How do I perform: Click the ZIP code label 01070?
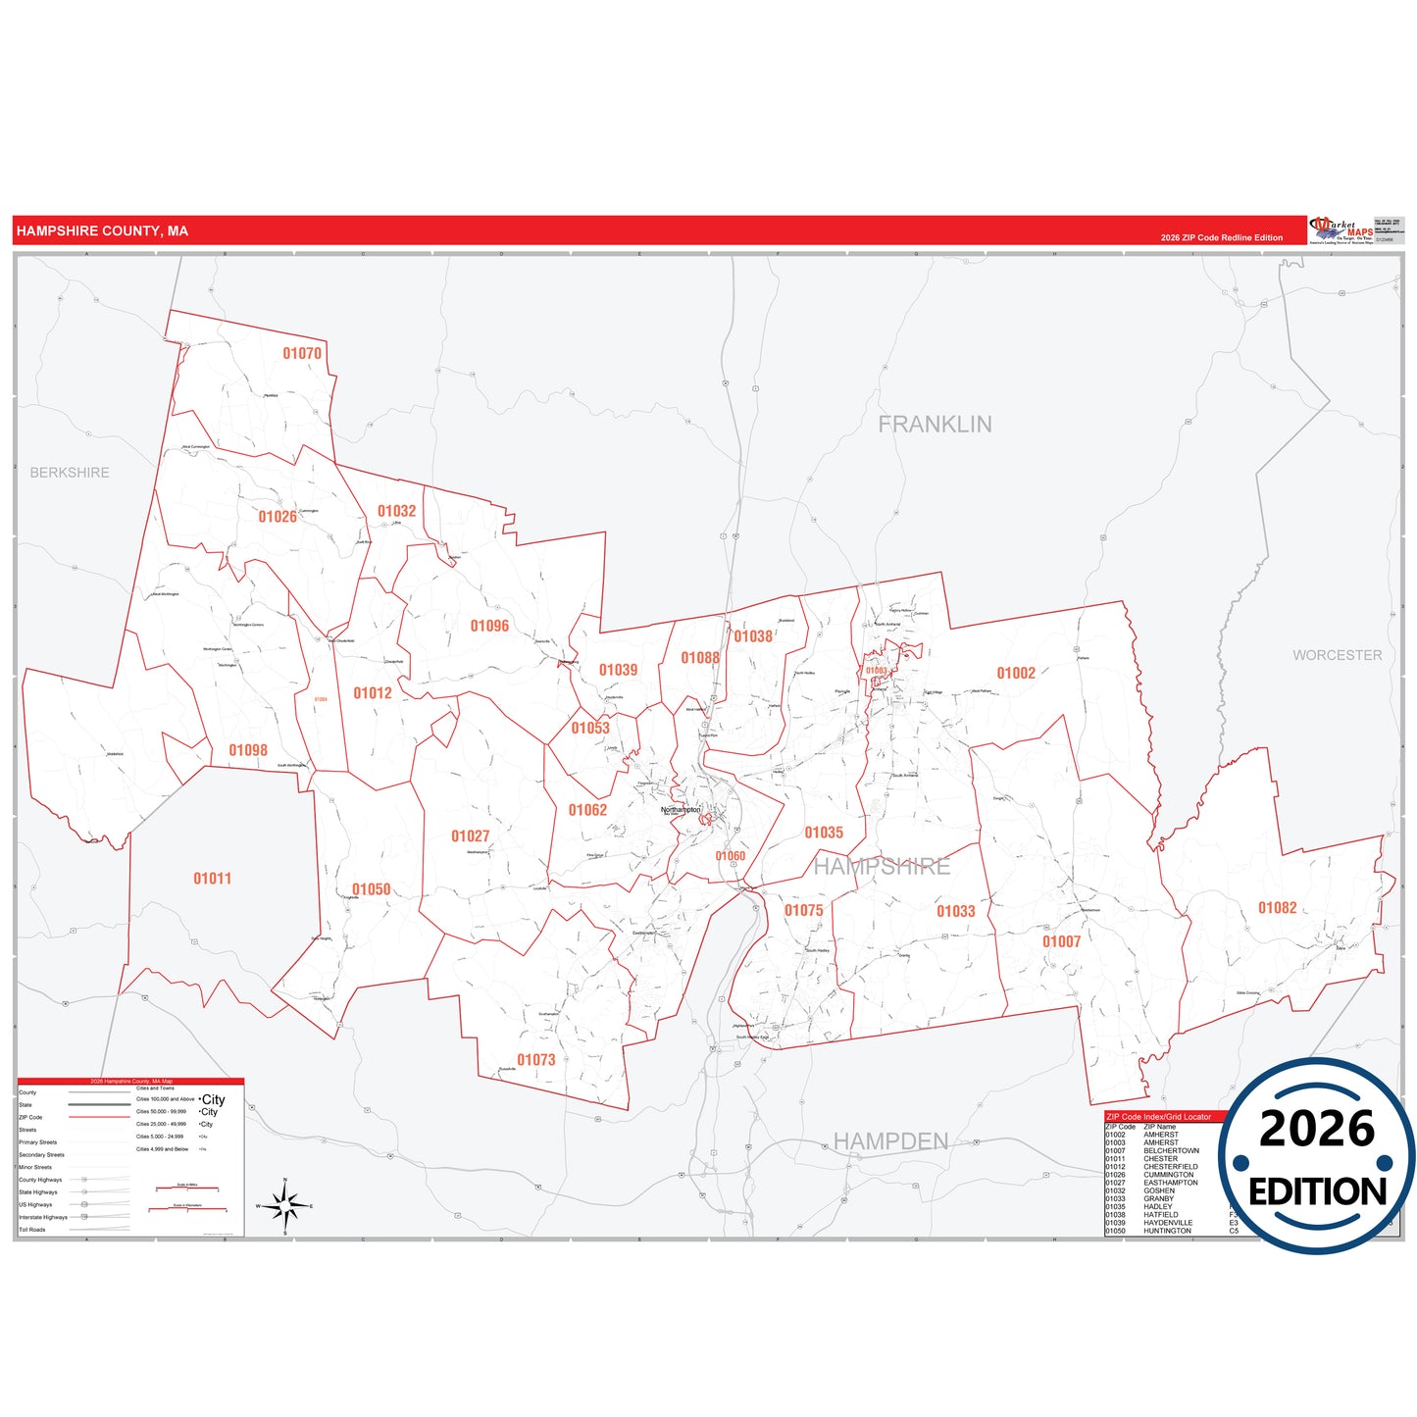[302, 353]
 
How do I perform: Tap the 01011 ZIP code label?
[213, 879]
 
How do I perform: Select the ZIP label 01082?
[1278, 908]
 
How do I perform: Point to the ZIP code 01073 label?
[536, 1060]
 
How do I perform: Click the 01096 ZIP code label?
[489, 626]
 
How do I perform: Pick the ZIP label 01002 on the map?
[1016, 673]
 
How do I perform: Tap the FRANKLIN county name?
[935, 425]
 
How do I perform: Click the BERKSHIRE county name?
[70, 473]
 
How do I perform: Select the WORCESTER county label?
[1337, 655]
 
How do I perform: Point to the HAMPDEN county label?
[890, 1141]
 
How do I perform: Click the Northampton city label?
[681, 810]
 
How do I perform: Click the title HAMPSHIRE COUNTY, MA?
[102, 231]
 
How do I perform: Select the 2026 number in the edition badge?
[1317, 1129]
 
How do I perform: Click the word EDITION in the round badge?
[1317, 1192]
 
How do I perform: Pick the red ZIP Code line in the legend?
[99, 1117]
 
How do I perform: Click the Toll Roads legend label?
[32, 1230]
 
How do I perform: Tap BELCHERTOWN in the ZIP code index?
[1171, 1151]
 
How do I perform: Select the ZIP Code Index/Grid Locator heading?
[1158, 1117]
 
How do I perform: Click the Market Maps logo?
[1341, 230]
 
